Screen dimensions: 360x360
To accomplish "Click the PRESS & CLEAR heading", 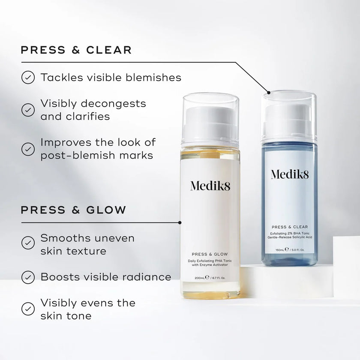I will (76, 50).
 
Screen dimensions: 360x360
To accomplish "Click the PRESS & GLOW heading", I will (73, 210).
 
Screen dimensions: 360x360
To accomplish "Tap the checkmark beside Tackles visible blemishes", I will (28, 78).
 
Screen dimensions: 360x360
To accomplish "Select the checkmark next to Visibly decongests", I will (28, 110).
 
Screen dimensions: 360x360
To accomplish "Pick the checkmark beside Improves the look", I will (28, 149).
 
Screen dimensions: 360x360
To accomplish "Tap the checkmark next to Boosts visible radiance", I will (28, 277).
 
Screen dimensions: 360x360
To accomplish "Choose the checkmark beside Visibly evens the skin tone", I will (28, 309).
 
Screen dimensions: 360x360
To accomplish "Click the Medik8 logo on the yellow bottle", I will (210, 186).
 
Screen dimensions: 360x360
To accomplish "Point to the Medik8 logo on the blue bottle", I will (289, 174).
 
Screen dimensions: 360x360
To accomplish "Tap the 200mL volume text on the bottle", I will (201, 278).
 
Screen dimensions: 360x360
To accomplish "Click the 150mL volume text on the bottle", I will (281, 249).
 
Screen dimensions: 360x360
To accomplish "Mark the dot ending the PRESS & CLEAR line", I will (269, 92).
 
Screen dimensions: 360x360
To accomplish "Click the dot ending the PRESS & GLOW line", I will (180, 222).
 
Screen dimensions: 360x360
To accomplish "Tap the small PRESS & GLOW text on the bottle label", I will (210, 253).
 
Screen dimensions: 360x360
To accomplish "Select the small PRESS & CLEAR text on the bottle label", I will (289, 227).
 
